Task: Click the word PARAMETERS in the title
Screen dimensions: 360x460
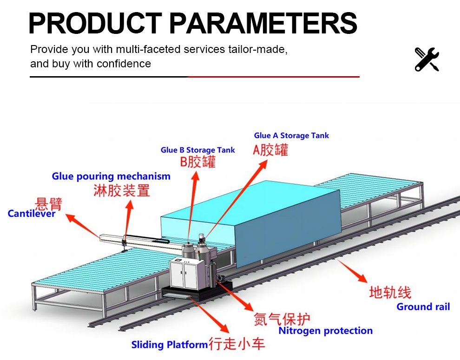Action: tap(263, 23)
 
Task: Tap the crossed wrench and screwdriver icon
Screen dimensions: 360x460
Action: tap(427, 59)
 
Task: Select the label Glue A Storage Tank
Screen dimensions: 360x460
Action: tap(291, 136)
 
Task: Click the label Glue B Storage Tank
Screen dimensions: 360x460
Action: tap(198, 150)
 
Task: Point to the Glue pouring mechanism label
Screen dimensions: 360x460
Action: tap(111, 177)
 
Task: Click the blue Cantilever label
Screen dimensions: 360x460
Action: tap(32, 214)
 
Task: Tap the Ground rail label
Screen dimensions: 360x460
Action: tap(423, 307)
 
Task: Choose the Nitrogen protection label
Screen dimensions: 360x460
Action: tap(325, 331)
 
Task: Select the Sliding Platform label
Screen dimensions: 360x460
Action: tap(169, 345)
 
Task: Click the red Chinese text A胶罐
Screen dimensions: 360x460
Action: tap(270, 150)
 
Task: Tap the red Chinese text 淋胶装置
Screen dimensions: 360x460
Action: tap(122, 190)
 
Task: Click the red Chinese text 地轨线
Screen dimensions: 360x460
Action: tap(390, 292)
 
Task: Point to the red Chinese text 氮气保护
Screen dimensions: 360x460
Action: tap(282, 319)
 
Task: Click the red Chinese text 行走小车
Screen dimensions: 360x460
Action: tap(237, 344)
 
